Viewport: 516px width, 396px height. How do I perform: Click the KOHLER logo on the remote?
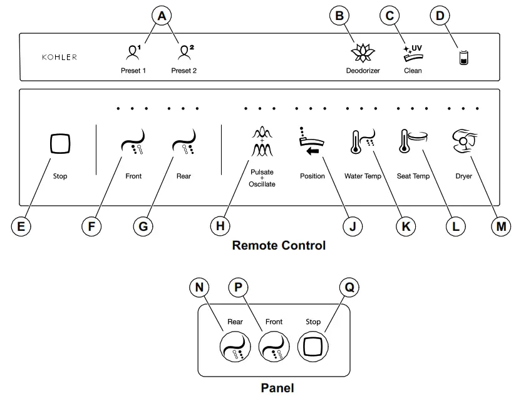point(59,57)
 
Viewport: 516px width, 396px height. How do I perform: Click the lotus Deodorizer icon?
point(363,53)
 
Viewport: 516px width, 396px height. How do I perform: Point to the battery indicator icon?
point(464,58)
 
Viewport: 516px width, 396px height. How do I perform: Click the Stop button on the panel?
point(313,345)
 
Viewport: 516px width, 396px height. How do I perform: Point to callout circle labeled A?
point(162,16)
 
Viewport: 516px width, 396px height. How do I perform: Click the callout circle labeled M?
point(500,226)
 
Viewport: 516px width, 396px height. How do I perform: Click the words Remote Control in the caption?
point(279,245)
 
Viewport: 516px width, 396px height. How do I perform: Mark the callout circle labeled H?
point(220,226)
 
